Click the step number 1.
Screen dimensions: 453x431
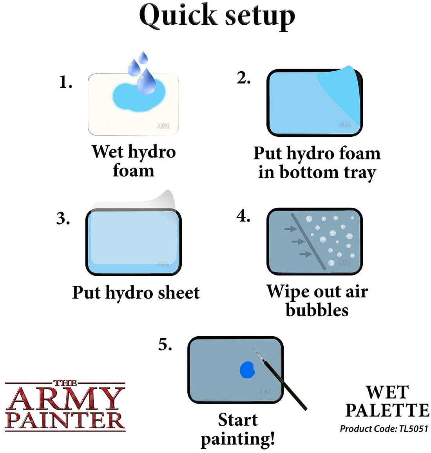click(65, 82)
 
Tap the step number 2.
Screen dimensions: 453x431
click(243, 78)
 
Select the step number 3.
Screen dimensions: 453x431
click(63, 218)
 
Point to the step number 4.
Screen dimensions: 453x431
click(243, 216)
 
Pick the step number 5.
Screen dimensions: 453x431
click(165, 344)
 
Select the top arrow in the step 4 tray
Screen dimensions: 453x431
click(290, 228)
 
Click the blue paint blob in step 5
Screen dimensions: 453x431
click(247, 370)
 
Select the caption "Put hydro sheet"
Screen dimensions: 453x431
click(136, 293)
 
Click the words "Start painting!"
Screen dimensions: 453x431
click(238, 429)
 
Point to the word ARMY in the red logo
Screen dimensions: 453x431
click(65, 399)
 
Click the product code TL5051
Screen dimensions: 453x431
click(413, 429)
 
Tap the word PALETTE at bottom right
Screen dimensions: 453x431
click(387, 410)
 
